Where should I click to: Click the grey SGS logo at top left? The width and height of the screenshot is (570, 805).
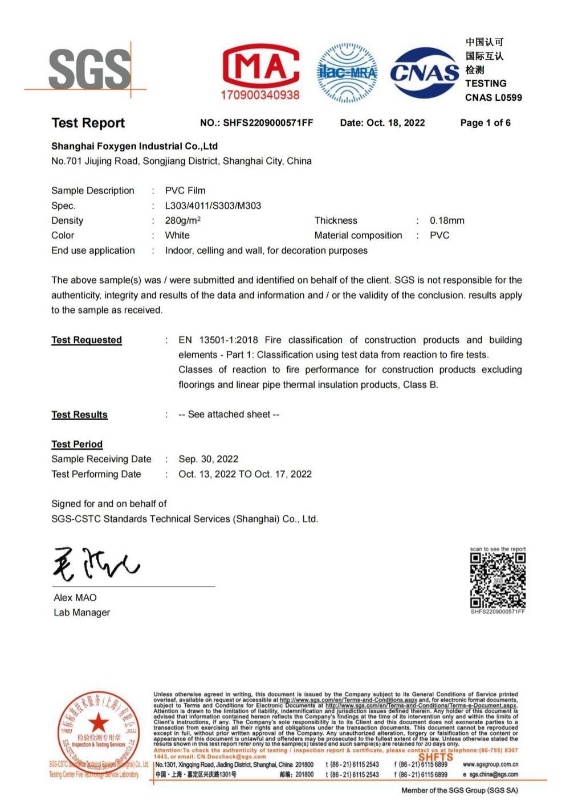tap(89, 69)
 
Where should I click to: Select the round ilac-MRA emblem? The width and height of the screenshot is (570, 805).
tap(347, 73)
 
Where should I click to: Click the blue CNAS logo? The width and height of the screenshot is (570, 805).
tap(425, 73)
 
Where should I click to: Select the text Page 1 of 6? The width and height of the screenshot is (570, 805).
tap(485, 123)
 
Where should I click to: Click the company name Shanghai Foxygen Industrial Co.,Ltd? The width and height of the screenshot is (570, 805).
tap(135, 146)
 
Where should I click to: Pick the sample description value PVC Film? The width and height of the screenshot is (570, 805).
tap(185, 191)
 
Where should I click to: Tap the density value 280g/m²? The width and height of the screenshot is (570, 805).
tap(183, 220)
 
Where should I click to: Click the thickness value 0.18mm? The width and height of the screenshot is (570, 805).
tap(447, 220)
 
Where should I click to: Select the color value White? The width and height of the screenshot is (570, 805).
tap(177, 235)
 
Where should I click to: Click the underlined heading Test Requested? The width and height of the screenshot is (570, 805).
tap(87, 340)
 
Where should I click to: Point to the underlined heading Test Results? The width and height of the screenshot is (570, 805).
tap(79, 414)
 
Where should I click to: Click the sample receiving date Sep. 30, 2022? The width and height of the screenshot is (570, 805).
tap(208, 459)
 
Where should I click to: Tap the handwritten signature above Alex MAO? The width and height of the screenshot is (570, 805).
tap(96, 564)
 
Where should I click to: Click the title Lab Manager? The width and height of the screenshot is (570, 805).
tap(82, 613)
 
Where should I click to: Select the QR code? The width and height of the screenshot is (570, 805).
tap(498, 580)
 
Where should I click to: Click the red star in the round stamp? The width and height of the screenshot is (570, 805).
tap(98, 722)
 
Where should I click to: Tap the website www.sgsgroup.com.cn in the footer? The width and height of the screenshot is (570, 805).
tap(490, 765)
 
